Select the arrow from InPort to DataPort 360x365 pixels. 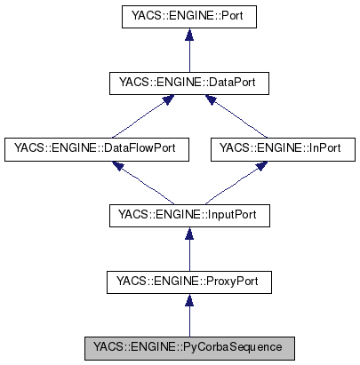pyautogui.click(x=235, y=116)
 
